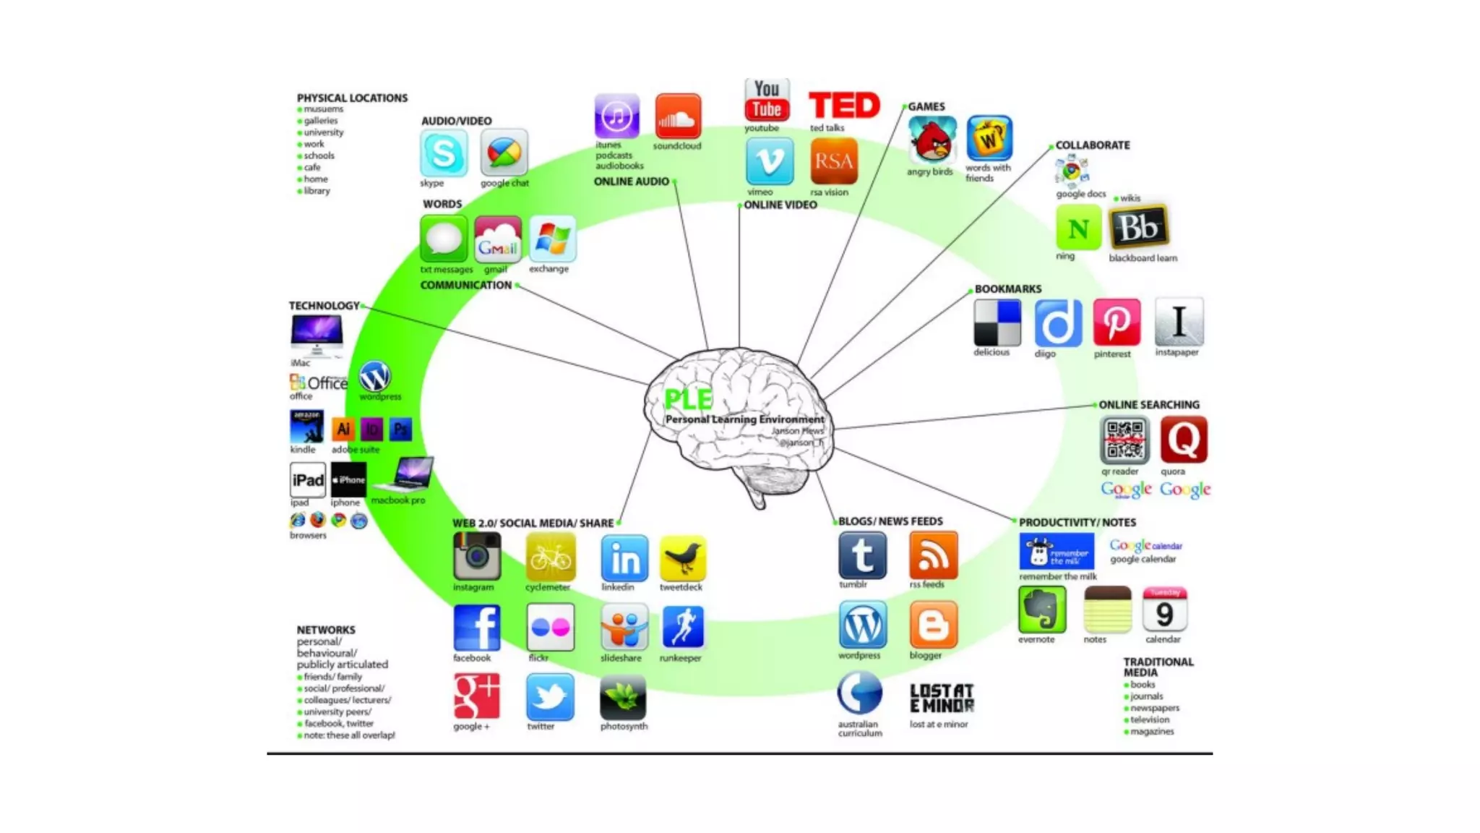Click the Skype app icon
coord(443,153)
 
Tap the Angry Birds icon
coord(932,140)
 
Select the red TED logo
coord(844,106)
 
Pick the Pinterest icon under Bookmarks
coord(1116,322)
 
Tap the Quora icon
coord(1183,440)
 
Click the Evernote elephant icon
coord(1041,610)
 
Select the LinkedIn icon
coord(624,558)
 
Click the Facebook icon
coord(476,628)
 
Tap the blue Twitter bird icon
coord(550,697)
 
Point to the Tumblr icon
coord(862,555)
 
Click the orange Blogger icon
coord(933,625)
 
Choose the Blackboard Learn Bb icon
coord(1138,228)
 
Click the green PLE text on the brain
coord(687,399)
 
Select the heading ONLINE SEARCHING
coord(1148,405)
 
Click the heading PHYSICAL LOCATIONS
coord(352,98)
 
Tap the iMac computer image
coord(317,336)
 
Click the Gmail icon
coord(497,241)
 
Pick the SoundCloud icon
coord(677,116)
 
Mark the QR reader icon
coord(1124,440)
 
